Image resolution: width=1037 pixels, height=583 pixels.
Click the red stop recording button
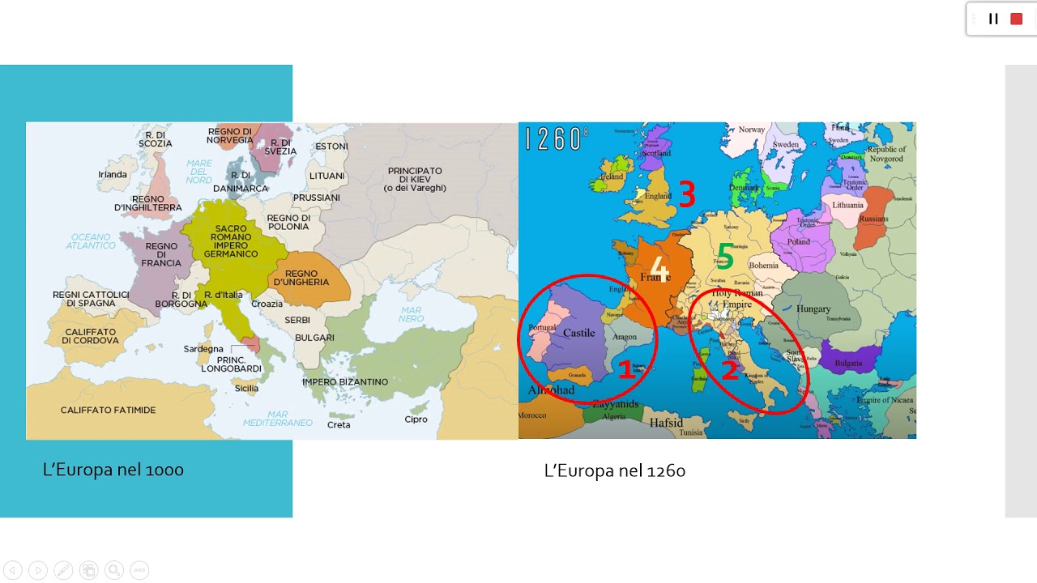tap(1016, 19)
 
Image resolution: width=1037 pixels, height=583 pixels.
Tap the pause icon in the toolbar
tap(993, 19)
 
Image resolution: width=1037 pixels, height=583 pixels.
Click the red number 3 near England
tap(687, 195)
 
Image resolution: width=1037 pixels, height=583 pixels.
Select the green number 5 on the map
tap(725, 257)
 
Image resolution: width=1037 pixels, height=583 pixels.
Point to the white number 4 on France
tap(659, 269)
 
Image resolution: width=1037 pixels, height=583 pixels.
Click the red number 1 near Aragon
tap(625, 369)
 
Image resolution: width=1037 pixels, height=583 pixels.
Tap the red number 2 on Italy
tap(730, 371)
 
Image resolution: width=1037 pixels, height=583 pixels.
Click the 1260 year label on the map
tap(553, 138)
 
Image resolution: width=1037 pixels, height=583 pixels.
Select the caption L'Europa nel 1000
tap(113, 470)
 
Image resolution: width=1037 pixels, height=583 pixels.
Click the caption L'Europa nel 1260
tap(615, 470)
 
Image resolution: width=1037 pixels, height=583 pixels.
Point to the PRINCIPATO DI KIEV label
tap(415, 179)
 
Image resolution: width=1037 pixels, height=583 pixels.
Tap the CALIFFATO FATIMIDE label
tap(108, 411)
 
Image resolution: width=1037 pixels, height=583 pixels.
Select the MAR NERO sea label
tap(411, 314)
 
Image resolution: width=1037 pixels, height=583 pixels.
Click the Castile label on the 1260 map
tap(578, 333)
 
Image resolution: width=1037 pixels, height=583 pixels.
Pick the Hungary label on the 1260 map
tap(813, 309)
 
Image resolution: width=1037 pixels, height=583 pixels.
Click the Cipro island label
tap(416, 419)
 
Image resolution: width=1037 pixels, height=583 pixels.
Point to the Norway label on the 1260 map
tap(752, 130)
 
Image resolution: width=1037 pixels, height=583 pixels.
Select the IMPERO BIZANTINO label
tap(345, 381)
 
